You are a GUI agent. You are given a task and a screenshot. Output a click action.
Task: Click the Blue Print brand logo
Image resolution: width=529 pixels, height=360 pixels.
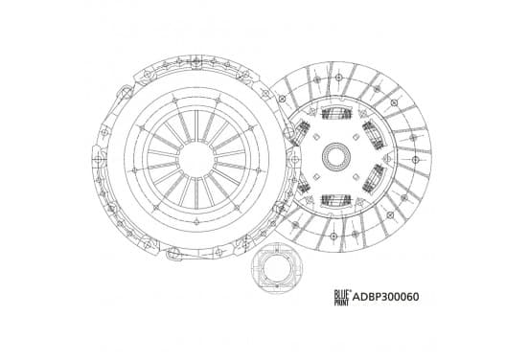tap(342, 298)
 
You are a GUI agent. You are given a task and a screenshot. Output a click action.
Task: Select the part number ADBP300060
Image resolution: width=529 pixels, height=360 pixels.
tap(385, 297)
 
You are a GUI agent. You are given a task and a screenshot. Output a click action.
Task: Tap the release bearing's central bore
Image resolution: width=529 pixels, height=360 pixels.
tap(275, 269)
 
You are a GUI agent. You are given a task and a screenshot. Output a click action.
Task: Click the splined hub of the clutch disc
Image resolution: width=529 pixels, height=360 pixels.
tap(336, 156)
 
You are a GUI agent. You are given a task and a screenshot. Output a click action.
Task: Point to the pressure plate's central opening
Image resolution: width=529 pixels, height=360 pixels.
tap(196, 159)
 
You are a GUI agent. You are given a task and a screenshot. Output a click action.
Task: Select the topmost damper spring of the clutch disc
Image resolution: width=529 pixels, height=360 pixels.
tap(336, 113)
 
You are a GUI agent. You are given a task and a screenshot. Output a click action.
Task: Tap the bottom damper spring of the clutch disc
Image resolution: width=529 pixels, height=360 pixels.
tap(336, 200)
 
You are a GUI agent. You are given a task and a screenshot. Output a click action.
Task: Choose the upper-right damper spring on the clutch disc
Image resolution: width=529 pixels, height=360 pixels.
tap(374, 134)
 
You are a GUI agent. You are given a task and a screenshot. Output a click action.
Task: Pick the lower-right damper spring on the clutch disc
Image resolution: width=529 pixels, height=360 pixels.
tap(374, 179)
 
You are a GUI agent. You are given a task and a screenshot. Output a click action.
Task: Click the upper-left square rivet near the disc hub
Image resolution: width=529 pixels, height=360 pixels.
tap(316, 137)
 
